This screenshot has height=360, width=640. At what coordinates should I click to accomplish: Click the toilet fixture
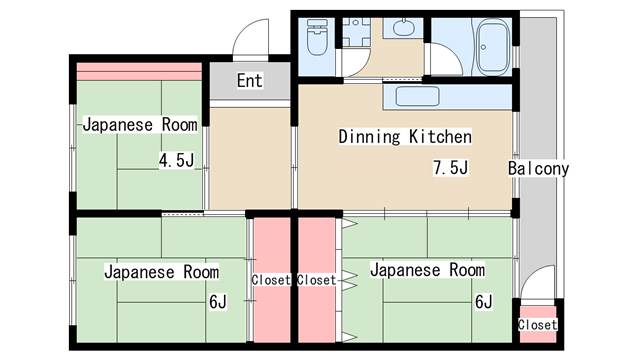pyautogui.click(x=317, y=41)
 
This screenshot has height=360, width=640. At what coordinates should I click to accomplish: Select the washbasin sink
pyautogui.click(x=404, y=27)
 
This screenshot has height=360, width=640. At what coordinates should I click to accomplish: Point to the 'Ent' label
pyautogui.click(x=249, y=81)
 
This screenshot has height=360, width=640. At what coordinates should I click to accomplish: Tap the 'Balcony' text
pyautogui.click(x=538, y=168)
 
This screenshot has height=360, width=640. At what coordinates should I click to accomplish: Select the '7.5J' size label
pyautogui.click(x=450, y=168)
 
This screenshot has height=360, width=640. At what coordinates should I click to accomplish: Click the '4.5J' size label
pyautogui.click(x=176, y=161)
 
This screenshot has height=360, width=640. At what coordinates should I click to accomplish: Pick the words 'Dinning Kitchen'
pyautogui.click(x=404, y=136)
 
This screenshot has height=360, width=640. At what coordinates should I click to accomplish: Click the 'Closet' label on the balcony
pyautogui.click(x=537, y=325)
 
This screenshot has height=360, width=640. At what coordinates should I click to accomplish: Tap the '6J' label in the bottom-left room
pyautogui.click(x=217, y=301)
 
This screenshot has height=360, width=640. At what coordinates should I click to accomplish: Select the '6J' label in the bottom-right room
pyautogui.click(x=483, y=301)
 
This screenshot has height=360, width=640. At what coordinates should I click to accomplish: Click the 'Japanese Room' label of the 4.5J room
pyautogui.click(x=139, y=125)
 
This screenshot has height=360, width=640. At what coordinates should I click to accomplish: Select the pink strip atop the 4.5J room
pyautogui.click(x=139, y=71)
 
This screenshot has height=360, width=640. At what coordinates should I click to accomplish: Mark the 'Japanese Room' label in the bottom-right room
pyautogui.click(x=427, y=270)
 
